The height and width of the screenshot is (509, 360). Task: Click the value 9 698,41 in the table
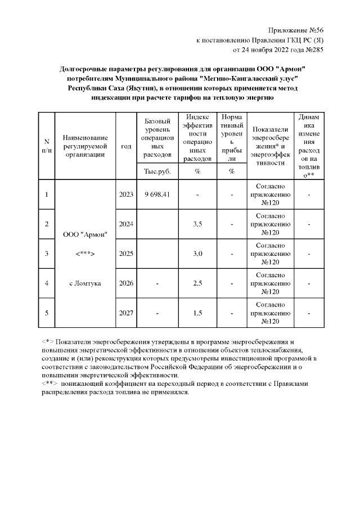pos(157,195)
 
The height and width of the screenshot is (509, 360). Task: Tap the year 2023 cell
pos(126,195)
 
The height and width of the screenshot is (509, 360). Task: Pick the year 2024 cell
pos(126,224)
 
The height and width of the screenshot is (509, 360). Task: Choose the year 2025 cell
pos(126,254)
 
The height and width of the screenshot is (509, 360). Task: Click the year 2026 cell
pos(126,283)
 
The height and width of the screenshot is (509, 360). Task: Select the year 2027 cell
pos(126,313)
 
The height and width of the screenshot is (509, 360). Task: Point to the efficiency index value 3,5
pos(197,224)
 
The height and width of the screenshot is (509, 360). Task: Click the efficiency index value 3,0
pos(197,254)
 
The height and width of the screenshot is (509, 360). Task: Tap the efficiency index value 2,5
pos(197,283)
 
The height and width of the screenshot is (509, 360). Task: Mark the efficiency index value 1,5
pos(197,313)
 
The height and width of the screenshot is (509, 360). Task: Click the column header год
pos(126,146)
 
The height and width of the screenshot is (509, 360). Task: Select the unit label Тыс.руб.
pos(157,171)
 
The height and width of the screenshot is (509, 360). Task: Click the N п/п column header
pos(47,146)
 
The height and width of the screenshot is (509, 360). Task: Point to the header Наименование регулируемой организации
pos(85,146)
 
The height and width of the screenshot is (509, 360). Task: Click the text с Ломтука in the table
pos(85,283)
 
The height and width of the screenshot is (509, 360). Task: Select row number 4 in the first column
pos(47,283)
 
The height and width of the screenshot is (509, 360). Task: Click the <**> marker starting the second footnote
pos(50,383)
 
